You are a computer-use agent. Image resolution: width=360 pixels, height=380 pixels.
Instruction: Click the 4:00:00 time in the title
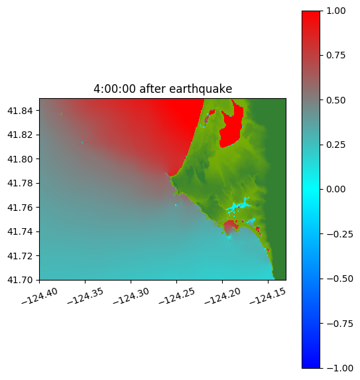click(115, 89)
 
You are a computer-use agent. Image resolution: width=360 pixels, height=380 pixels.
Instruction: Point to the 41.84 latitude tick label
click(20, 111)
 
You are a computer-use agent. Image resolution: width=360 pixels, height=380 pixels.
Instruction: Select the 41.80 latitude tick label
click(20, 159)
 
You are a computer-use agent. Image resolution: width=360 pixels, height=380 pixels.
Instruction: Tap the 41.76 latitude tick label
click(20, 208)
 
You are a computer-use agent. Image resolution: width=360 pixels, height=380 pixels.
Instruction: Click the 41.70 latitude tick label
click(20, 280)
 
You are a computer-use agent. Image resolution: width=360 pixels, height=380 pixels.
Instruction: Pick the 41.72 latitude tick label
click(20, 256)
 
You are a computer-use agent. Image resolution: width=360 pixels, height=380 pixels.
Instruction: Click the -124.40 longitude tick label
click(40, 296)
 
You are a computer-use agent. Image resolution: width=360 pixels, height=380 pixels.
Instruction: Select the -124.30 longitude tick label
click(131, 296)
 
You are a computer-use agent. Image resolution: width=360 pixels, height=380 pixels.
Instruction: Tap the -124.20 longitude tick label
click(223, 296)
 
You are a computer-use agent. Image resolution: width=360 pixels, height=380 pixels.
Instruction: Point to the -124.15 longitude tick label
click(268, 296)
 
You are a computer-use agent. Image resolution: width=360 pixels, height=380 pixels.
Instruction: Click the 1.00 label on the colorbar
click(336, 11)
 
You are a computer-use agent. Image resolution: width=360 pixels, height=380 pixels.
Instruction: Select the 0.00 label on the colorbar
click(336, 189)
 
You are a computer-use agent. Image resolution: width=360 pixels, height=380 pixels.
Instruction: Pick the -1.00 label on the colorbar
click(340, 368)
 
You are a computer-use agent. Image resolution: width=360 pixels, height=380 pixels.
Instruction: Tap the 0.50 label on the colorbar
click(336, 100)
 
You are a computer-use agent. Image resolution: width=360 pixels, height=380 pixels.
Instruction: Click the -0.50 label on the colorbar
click(340, 279)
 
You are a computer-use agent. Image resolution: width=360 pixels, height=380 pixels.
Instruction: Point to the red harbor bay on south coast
click(230, 227)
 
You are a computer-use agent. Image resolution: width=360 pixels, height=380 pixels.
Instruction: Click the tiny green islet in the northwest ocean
click(62, 113)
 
